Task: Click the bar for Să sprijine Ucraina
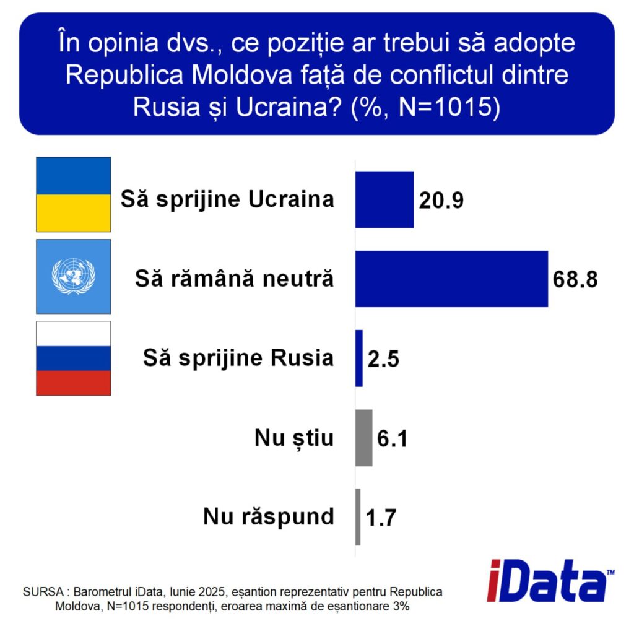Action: click(384, 200)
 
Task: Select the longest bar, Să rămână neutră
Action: click(451, 279)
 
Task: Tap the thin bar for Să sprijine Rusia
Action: click(359, 358)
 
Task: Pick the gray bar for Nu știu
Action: click(364, 438)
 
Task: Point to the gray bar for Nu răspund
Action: click(358, 517)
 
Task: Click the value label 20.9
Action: click(441, 200)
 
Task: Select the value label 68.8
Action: click(575, 279)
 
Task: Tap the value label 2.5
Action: click(383, 359)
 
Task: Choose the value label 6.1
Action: click(392, 438)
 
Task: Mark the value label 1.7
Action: click(381, 518)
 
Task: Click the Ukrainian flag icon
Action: click(74, 194)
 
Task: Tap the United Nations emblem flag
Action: click(74, 277)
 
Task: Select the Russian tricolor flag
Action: click(74, 358)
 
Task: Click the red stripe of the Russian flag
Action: click(74, 383)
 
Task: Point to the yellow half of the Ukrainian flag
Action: click(74, 213)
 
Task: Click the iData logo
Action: click(550, 581)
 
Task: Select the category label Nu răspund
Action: click(269, 517)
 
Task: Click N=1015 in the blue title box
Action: click(444, 106)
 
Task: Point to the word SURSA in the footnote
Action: click(43, 592)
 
